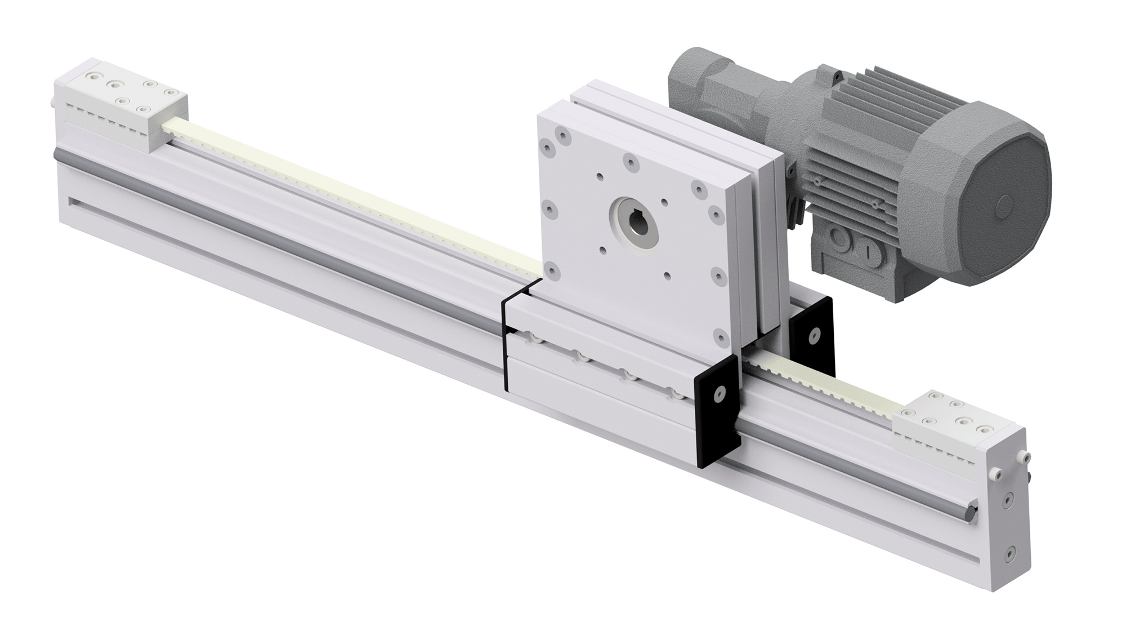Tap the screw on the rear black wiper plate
click(x=813, y=336)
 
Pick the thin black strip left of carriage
click(x=504, y=344)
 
